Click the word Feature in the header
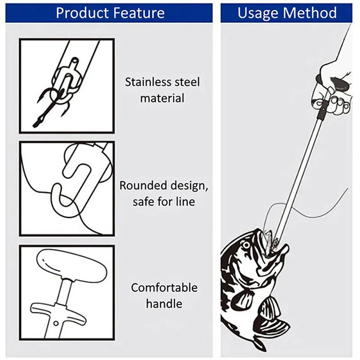[x=138, y=13]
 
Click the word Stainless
[x=148, y=82]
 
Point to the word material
[x=162, y=98]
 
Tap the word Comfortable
[x=164, y=287]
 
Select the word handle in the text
[x=164, y=304]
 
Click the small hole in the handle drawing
[x=56, y=323]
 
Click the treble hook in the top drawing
[x=49, y=101]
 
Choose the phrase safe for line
[x=164, y=202]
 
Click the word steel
[x=186, y=82]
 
